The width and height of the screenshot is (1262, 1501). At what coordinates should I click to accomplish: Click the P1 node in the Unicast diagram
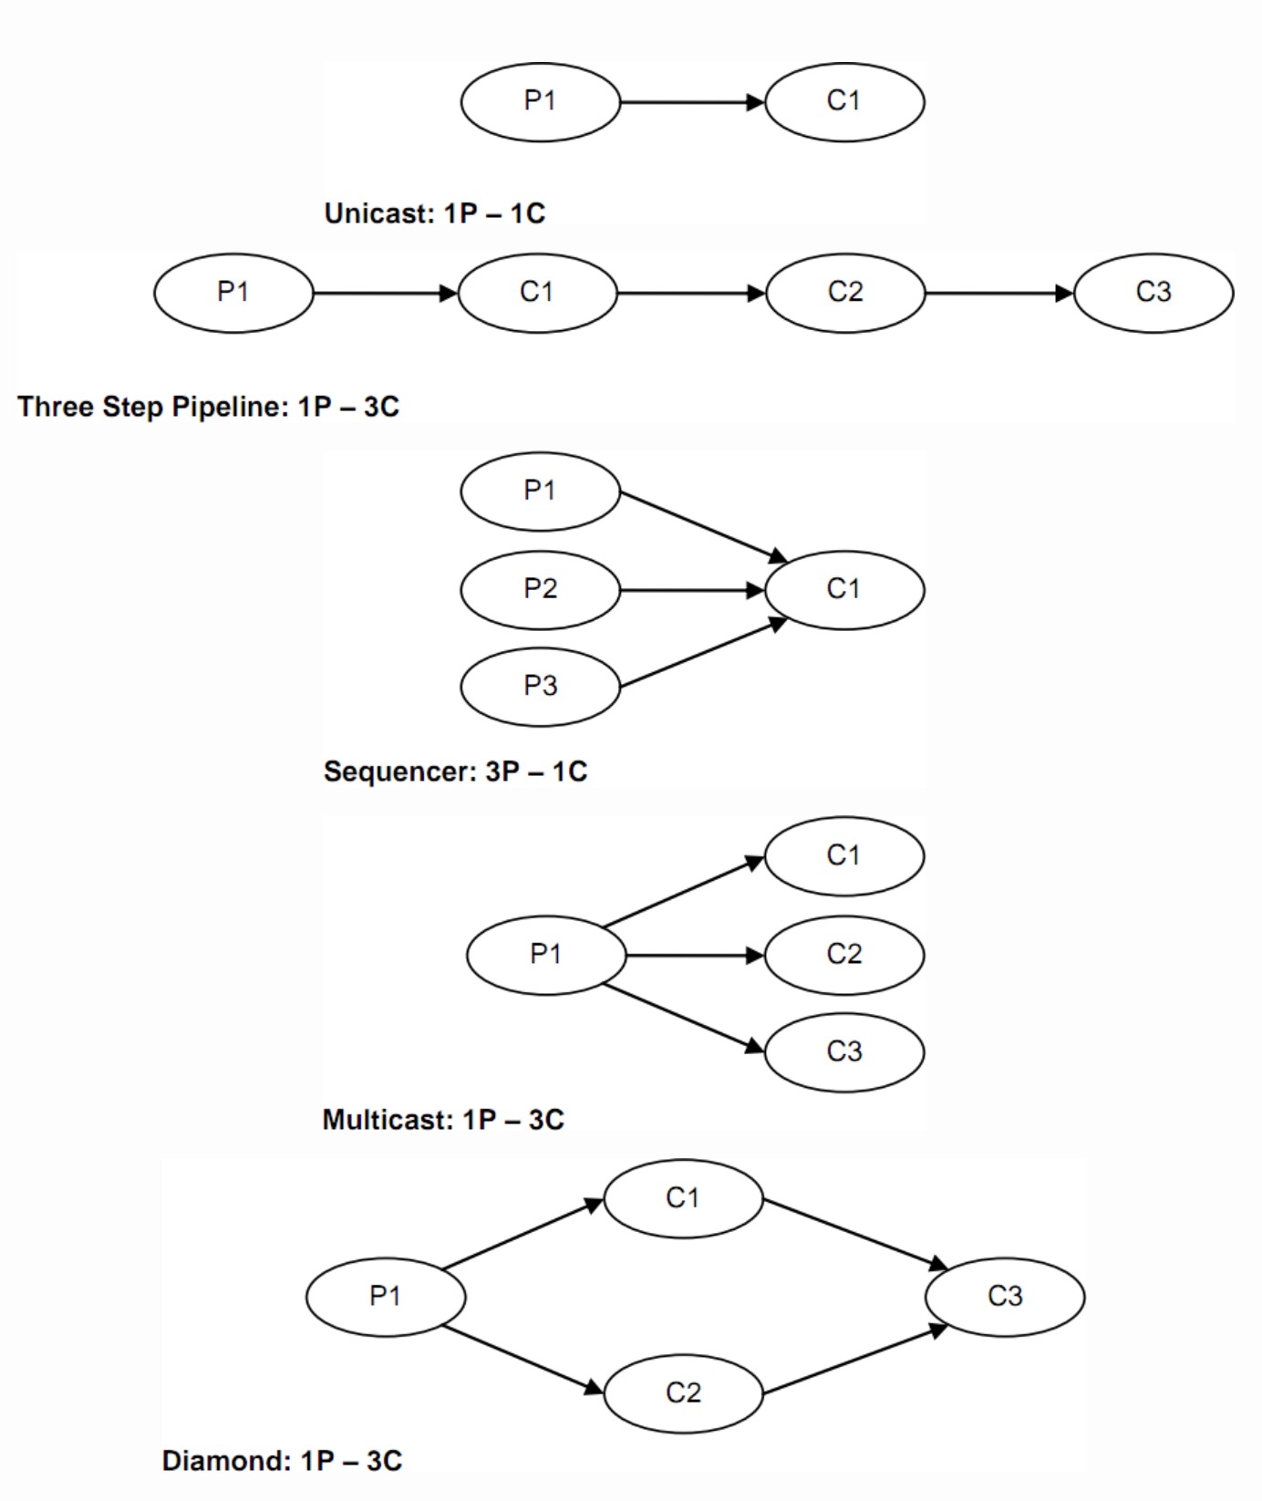(540, 101)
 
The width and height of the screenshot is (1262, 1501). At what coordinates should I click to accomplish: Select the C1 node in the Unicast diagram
(844, 101)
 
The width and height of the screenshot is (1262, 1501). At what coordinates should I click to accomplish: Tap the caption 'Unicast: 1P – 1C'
(434, 213)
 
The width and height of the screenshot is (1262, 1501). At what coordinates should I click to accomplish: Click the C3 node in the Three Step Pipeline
(1153, 293)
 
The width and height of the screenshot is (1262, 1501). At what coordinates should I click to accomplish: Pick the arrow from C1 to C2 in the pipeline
(691, 293)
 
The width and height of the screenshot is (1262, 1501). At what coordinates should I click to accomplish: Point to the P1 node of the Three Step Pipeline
(233, 293)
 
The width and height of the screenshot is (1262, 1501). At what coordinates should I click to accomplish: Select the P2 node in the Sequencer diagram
(540, 589)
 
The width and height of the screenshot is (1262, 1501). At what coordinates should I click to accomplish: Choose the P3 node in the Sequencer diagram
(540, 686)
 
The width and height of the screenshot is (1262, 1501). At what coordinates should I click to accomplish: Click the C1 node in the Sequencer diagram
(844, 589)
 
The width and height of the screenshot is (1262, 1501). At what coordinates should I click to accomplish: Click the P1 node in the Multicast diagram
(546, 955)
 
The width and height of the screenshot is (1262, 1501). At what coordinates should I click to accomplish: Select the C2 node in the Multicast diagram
(844, 955)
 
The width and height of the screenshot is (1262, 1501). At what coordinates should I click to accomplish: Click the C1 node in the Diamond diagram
(683, 1198)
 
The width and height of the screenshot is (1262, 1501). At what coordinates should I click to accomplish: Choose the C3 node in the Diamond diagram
(1005, 1296)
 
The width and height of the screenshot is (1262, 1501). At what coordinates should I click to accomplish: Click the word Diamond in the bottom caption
(225, 1461)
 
